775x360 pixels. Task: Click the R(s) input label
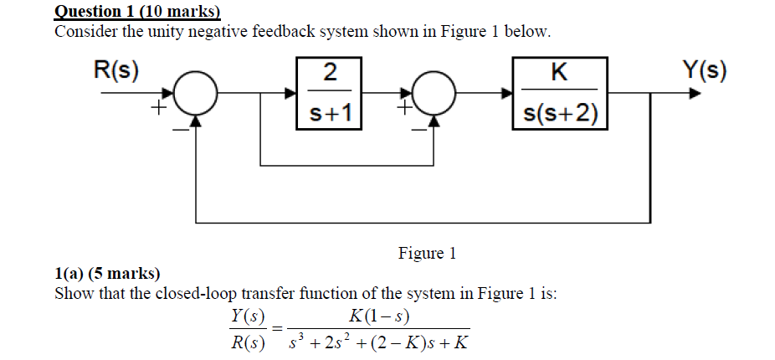[x=115, y=69]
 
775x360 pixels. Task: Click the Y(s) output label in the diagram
[x=701, y=69]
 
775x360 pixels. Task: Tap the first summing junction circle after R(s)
[x=196, y=94]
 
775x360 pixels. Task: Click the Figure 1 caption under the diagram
[x=427, y=253]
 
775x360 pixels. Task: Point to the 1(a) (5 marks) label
[x=107, y=274]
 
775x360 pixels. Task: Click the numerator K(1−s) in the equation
[x=382, y=315]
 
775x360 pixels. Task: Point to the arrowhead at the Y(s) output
[x=694, y=94]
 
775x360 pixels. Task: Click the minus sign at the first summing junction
[x=179, y=129]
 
